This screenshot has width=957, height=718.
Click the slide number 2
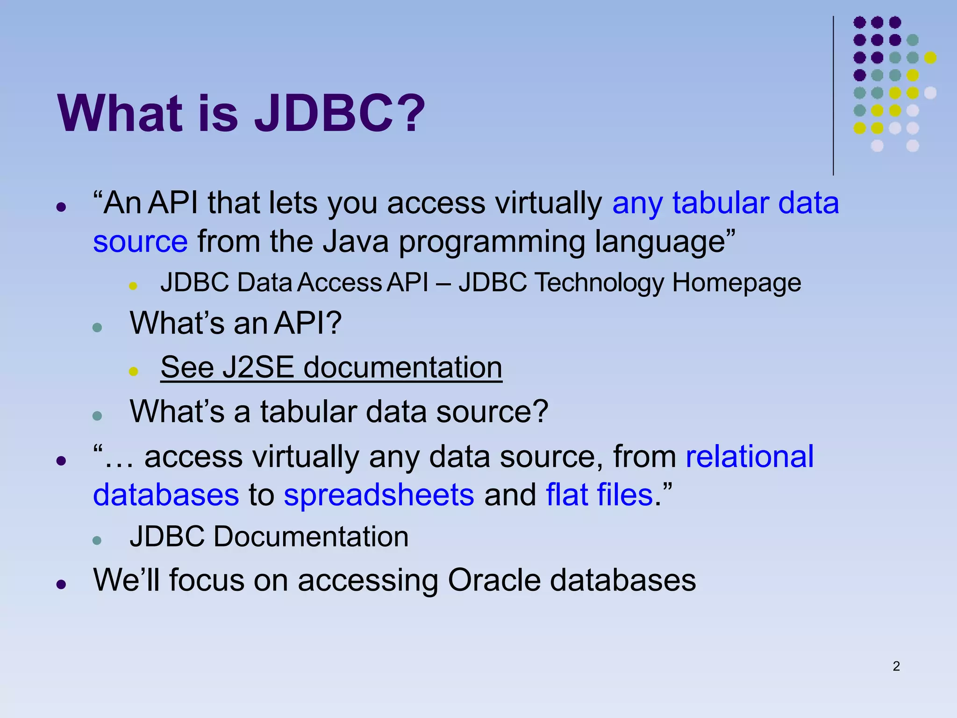(x=896, y=666)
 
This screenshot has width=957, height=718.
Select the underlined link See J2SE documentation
(x=331, y=367)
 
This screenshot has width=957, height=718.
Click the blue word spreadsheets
(x=379, y=495)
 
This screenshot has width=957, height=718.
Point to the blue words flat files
(x=599, y=495)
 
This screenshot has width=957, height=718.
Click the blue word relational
(x=750, y=456)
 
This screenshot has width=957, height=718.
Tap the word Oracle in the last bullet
(x=494, y=580)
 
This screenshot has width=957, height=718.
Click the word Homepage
(x=736, y=283)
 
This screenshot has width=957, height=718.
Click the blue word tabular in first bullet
(x=721, y=203)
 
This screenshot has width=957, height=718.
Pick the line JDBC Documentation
(x=269, y=536)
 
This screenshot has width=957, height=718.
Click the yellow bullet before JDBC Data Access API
(x=133, y=286)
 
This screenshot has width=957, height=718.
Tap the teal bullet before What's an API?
(x=97, y=327)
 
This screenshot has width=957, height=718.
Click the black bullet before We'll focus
(x=61, y=584)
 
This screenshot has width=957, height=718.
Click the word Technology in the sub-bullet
(x=599, y=283)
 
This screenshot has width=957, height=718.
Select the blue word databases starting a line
(x=166, y=495)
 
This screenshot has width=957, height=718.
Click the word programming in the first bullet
(x=491, y=242)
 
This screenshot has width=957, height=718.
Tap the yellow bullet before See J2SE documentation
(x=133, y=372)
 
